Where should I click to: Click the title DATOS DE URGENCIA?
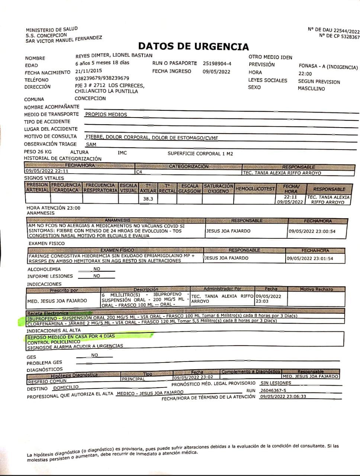(x=193, y=46)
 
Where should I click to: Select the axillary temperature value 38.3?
(x=148, y=199)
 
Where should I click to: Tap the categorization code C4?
(x=139, y=172)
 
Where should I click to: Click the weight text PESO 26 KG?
(x=38, y=152)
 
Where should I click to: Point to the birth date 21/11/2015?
(x=89, y=70)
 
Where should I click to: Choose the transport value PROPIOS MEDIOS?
(x=106, y=115)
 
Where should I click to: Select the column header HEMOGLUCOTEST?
(x=255, y=189)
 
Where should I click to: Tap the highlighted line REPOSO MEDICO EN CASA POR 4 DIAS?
(x=71, y=337)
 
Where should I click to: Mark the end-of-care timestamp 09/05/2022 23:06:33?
(x=283, y=396)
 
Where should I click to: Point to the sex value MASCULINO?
(x=311, y=89)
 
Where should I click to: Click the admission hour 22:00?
(x=305, y=74)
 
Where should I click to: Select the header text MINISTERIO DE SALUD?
(x=52, y=29)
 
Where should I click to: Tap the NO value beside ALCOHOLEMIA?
(x=97, y=269)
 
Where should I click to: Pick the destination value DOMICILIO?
(x=66, y=387)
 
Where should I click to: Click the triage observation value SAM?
(x=91, y=144)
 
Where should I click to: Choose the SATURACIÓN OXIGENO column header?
(x=218, y=189)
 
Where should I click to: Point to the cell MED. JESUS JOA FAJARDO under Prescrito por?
(x=57, y=300)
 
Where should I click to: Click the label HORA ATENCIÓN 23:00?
(x=53, y=208)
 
